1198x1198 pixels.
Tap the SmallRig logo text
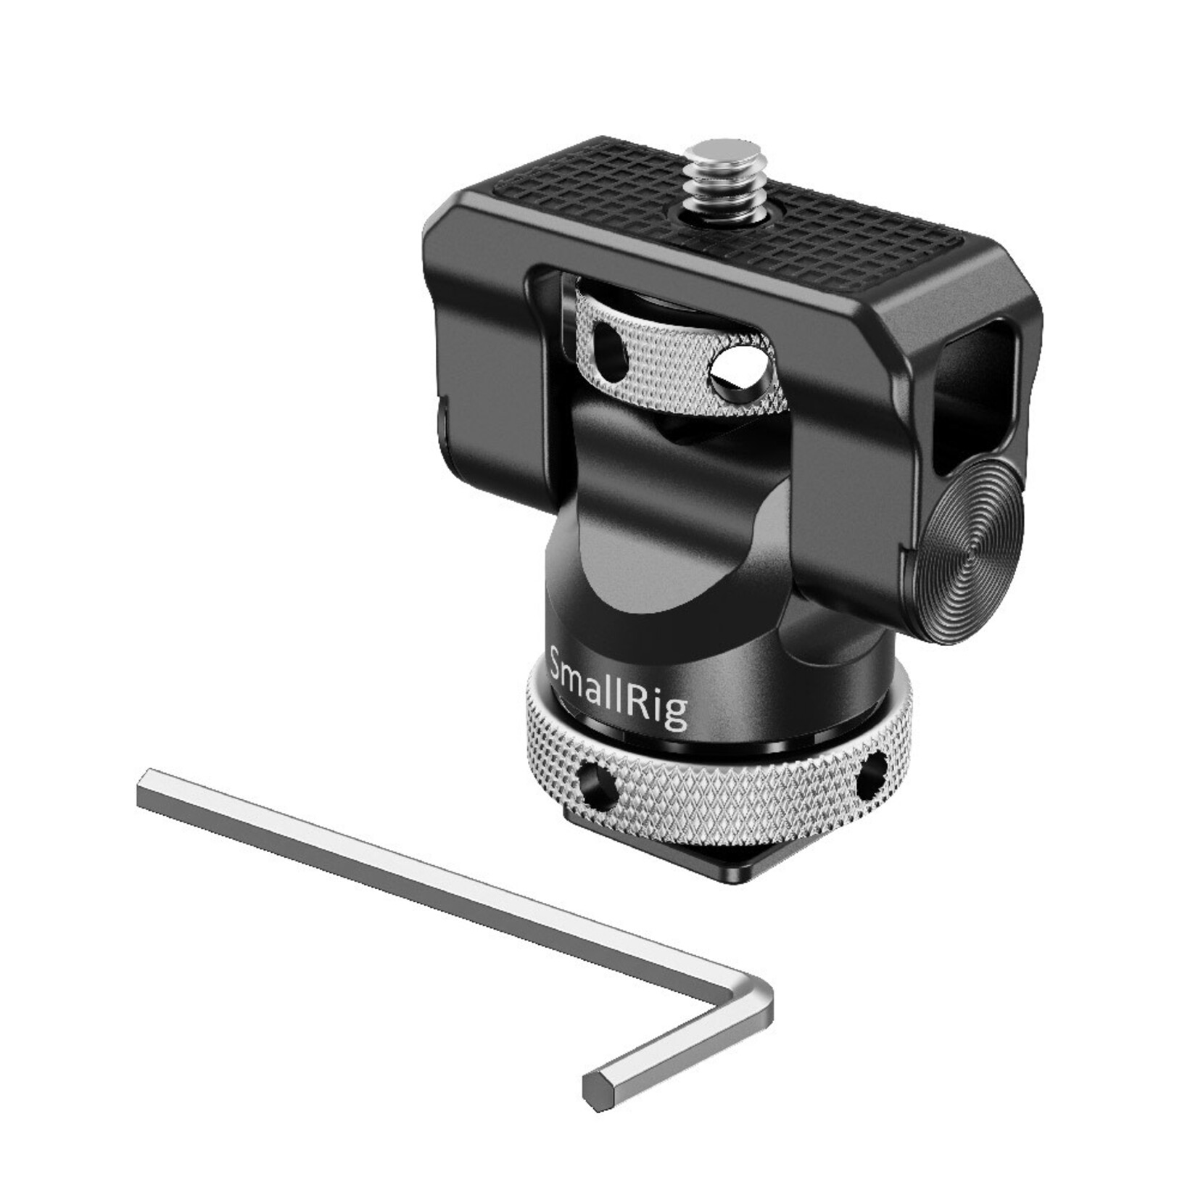(618, 687)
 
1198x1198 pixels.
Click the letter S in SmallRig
(559, 661)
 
